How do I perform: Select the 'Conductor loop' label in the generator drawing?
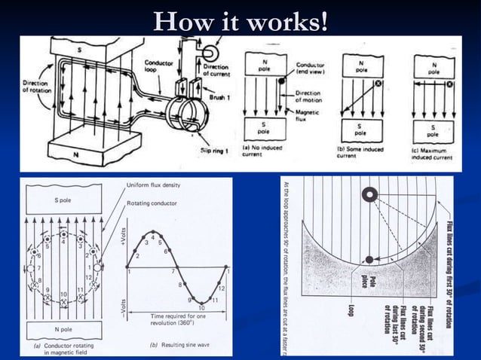coord(159,68)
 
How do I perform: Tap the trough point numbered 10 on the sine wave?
coord(201,305)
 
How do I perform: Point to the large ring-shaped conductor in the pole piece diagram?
coord(370,196)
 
